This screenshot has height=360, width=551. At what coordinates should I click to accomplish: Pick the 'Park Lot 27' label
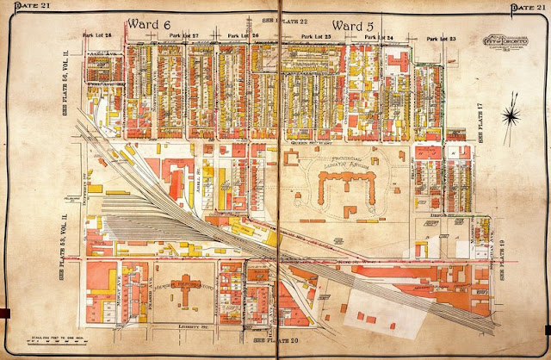[x=183, y=36]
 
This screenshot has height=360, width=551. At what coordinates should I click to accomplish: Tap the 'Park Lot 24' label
[x=378, y=38]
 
